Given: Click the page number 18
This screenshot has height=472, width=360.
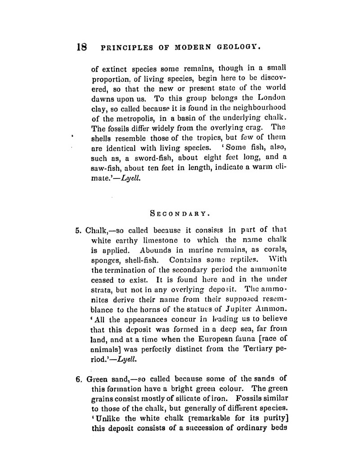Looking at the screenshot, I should point(82,46).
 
